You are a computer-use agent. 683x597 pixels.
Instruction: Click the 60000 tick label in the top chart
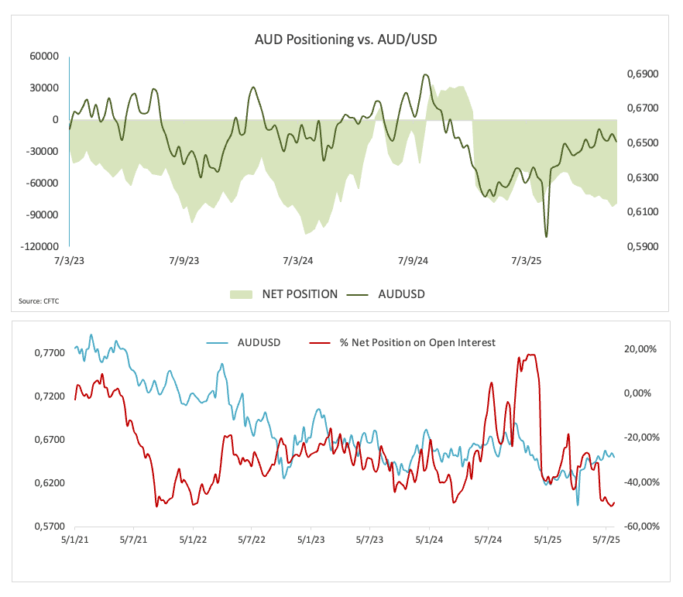click(x=45, y=56)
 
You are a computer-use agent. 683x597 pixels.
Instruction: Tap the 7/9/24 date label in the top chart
click(x=412, y=261)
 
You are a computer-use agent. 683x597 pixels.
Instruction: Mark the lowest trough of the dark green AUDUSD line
click(x=546, y=237)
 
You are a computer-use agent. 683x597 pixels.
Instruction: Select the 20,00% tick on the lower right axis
click(x=640, y=349)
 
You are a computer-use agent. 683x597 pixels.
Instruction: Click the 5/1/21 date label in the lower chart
click(x=74, y=540)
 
